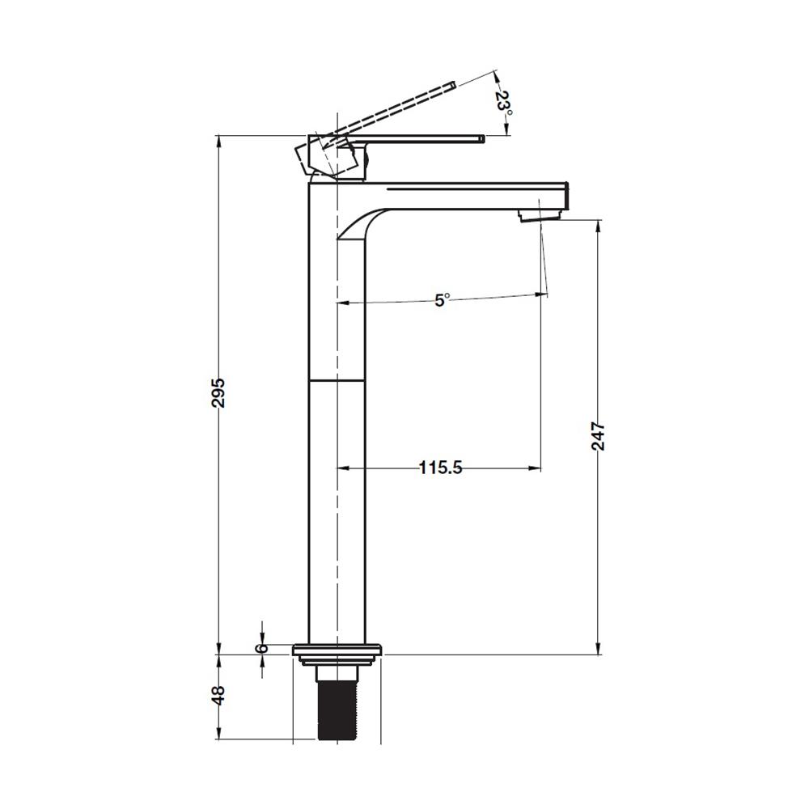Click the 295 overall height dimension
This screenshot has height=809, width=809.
pos(218,392)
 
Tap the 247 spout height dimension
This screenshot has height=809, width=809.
pos(598,436)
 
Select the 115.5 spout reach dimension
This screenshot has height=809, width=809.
pos(440,468)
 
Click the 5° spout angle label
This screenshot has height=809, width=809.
pos(443,299)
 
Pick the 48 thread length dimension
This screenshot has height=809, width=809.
pos(218,695)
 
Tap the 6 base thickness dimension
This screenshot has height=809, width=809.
pos(263,647)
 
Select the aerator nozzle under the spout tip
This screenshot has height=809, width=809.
pos(539,214)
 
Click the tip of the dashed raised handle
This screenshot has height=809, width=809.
pos(452,85)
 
